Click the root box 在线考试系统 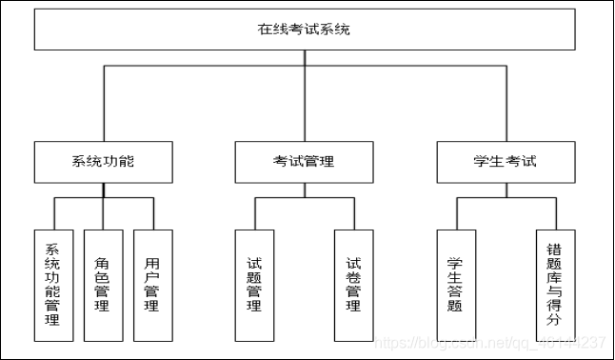click(x=305, y=30)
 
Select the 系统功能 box click(x=103, y=161)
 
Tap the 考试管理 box click(x=304, y=161)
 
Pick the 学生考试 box click(x=506, y=161)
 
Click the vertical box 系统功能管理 click(x=52, y=285)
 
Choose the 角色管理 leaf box click(x=102, y=285)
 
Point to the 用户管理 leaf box click(x=152, y=285)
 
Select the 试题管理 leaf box click(x=254, y=285)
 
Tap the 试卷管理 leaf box click(x=353, y=285)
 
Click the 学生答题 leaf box click(x=455, y=285)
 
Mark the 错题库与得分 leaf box click(x=555, y=285)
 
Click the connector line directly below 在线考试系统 click(x=305, y=57)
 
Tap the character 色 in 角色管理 click(x=102, y=274)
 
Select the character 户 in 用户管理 click(x=152, y=274)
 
